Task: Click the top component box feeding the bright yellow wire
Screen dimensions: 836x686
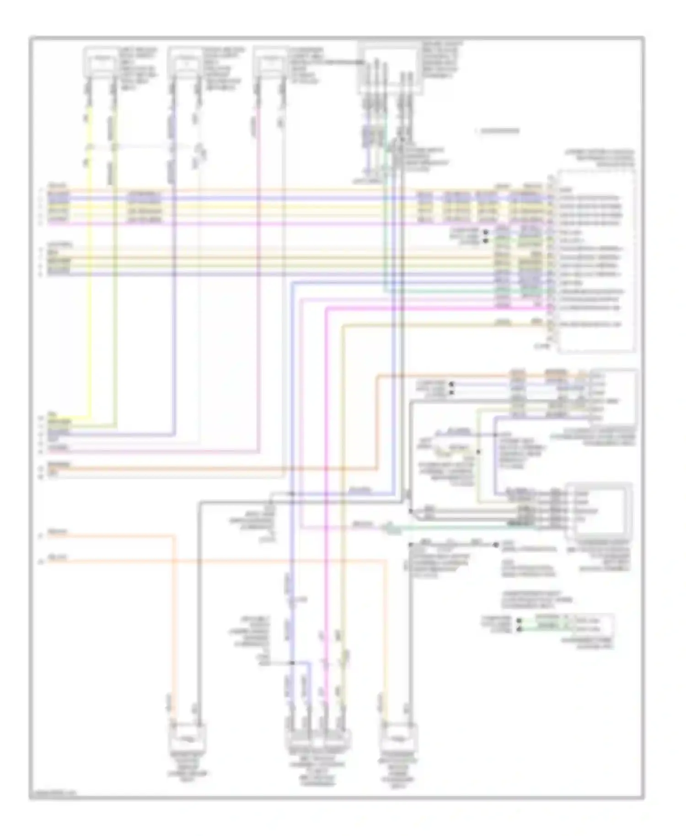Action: [x=101, y=61]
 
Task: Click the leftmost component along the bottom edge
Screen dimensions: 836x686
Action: [x=188, y=737]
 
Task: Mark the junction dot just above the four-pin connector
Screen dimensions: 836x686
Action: [x=291, y=663]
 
